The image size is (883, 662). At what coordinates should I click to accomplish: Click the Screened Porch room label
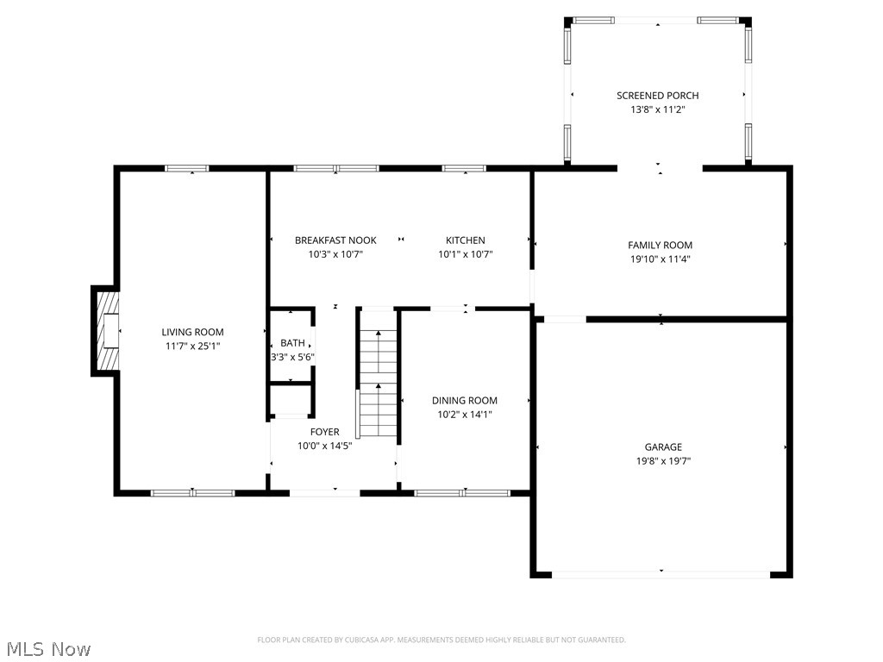coord(657,96)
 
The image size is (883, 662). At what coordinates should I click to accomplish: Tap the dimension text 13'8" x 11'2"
coord(657,109)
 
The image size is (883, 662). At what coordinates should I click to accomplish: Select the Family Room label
coord(660,246)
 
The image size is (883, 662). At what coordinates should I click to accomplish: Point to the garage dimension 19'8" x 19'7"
coord(662,460)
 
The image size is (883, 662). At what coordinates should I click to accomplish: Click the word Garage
coord(662,447)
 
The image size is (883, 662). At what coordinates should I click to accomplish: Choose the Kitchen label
coord(465,240)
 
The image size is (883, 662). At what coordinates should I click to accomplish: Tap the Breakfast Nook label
coord(335,240)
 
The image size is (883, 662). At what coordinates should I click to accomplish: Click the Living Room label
coord(192,332)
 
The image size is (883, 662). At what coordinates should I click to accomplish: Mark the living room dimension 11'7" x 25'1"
coord(192,346)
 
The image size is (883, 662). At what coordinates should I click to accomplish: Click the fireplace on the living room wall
coord(106,331)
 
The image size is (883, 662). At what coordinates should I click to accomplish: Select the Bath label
coord(292,343)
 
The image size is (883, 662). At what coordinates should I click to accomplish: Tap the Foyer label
coord(324,432)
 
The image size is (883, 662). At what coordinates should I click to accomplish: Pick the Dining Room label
coord(464,400)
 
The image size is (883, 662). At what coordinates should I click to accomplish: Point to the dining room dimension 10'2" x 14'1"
coord(464,414)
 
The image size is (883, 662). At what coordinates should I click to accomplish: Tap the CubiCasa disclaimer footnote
coord(441,640)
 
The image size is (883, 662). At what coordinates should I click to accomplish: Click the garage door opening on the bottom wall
coord(661,572)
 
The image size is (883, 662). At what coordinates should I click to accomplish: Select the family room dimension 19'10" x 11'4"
coord(660,259)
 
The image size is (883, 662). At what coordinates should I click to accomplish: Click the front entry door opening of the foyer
coord(324,492)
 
